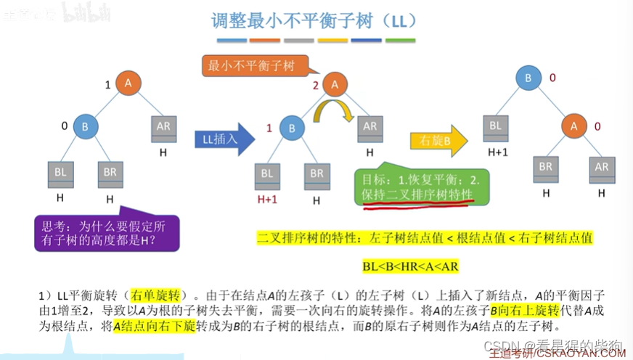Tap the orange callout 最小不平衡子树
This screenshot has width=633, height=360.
click(x=252, y=66)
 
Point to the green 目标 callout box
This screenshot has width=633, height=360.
click(x=425, y=187)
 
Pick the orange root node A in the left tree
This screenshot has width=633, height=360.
click(x=128, y=84)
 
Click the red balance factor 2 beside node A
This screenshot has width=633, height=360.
click(x=315, y=85)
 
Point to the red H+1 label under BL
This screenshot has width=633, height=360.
click(x=267, y=198)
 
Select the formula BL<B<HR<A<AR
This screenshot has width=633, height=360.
click(x=410, y=266)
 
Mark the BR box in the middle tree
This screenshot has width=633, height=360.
click(x=316, y=174)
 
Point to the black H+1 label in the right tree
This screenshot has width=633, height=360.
click(x=497, y=152)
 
